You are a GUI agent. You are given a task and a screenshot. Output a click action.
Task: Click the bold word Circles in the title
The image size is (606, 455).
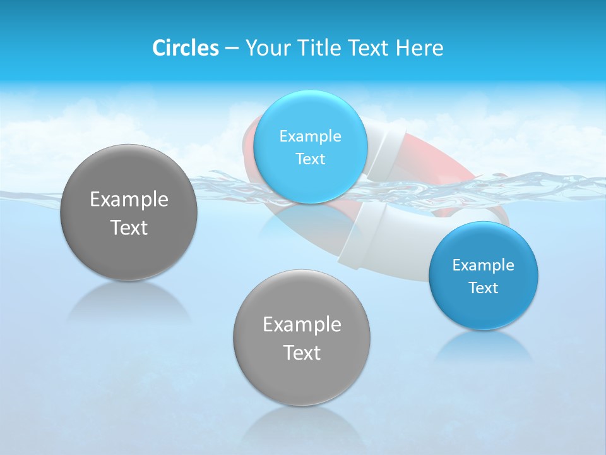click(x=185, y=48)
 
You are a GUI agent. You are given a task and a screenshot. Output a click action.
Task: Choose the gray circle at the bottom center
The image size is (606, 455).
click(x=302, y=379)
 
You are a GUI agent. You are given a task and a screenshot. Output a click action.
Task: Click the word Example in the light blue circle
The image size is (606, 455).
click(x=311, y=136)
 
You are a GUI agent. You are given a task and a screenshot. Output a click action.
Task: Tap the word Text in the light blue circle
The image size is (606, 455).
click(x=311, y=159)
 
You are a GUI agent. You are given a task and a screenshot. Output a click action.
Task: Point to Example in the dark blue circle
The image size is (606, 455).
click(x=484, y=265)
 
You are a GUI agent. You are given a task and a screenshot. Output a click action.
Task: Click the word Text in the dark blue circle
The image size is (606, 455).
click(x=484, y=288)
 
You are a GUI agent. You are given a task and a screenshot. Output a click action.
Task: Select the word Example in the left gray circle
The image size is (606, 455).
click(x=129, y=199)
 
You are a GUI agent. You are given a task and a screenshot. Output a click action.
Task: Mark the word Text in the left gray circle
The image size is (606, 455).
click(x=129, y=227)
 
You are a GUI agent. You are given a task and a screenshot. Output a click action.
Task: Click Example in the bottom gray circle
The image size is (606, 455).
click(x=302, y=324)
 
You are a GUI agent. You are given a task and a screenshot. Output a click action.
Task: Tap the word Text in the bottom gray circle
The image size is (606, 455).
click(x=302, y=353)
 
